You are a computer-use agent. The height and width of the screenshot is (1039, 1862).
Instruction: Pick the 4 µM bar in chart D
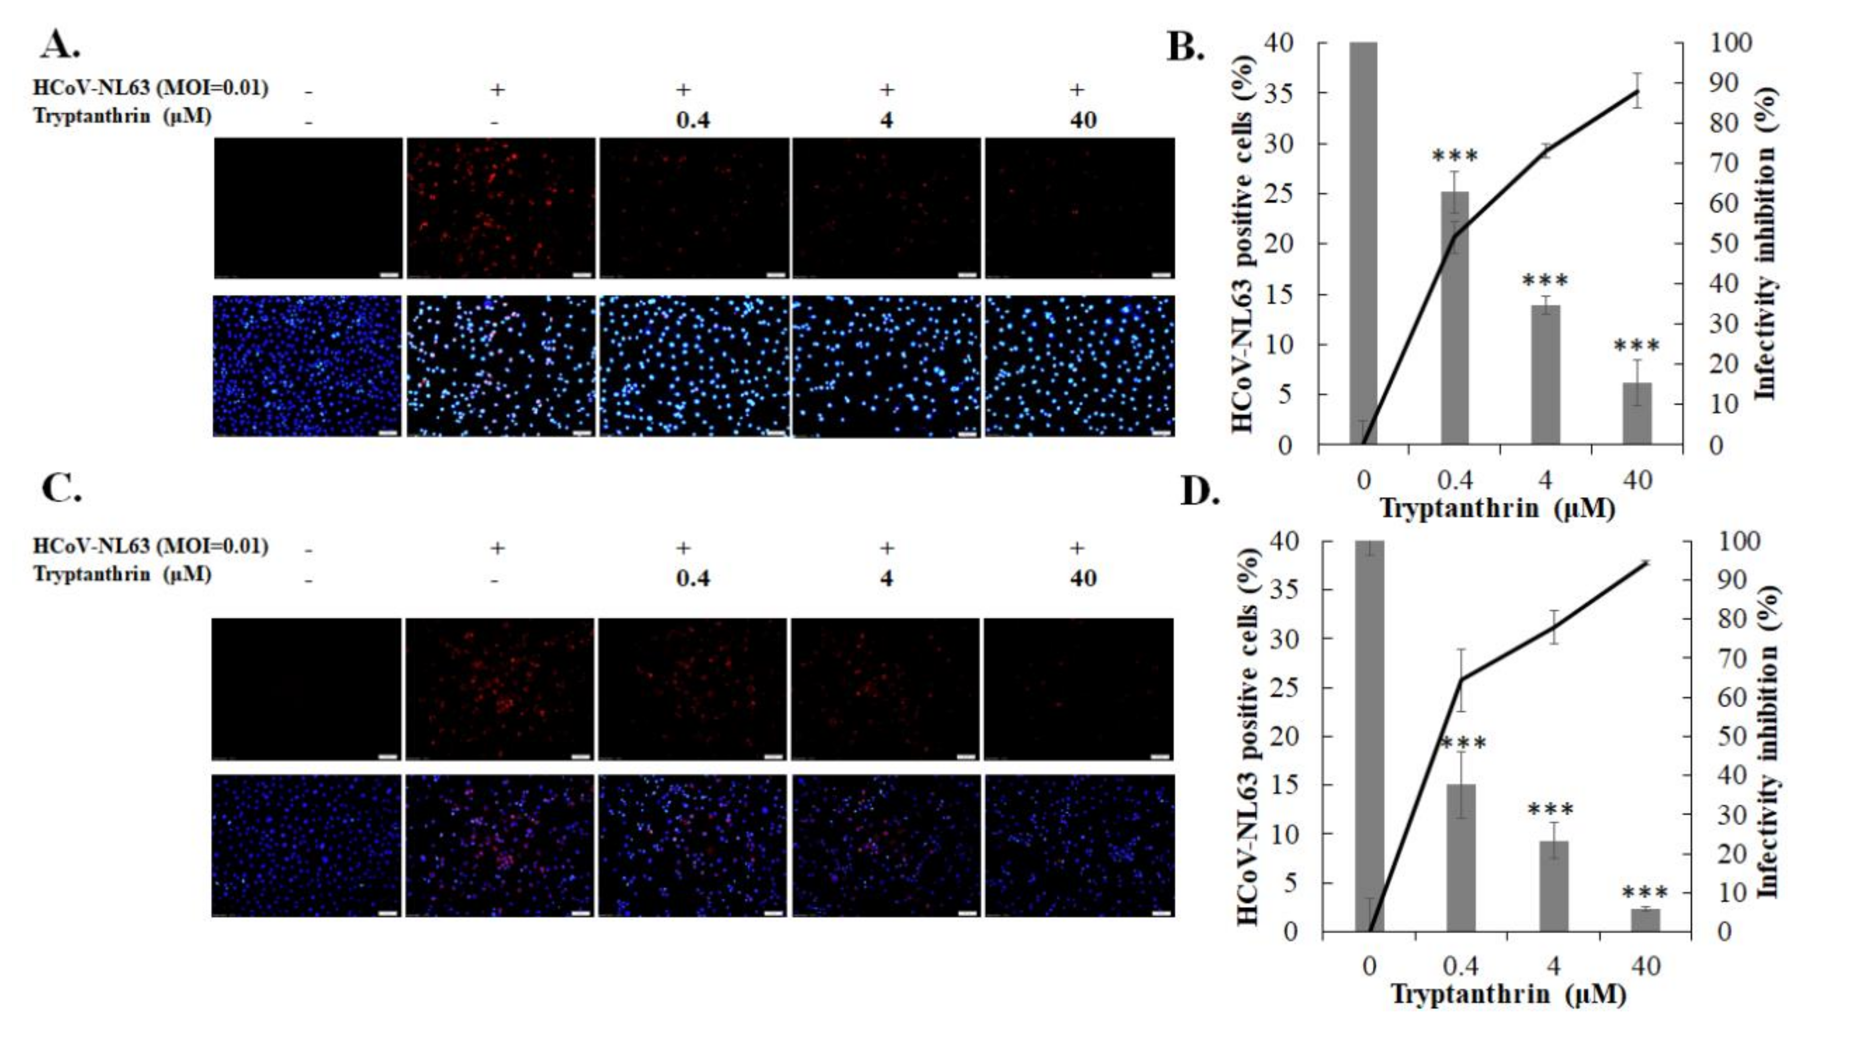click(1553, 885)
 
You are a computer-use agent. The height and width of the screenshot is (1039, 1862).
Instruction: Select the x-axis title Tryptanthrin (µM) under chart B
click(1497, 508)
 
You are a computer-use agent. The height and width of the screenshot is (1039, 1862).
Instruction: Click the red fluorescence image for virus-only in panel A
click(500, 207)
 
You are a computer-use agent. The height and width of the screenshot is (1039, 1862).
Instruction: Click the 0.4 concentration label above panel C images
click(693, 579)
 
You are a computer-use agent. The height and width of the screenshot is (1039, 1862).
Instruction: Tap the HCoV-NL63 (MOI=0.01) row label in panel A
click(150, 88)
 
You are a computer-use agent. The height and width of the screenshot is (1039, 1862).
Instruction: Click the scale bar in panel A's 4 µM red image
click(967, 275)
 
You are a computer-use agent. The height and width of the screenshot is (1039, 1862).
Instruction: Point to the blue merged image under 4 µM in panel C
click(886, 845)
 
